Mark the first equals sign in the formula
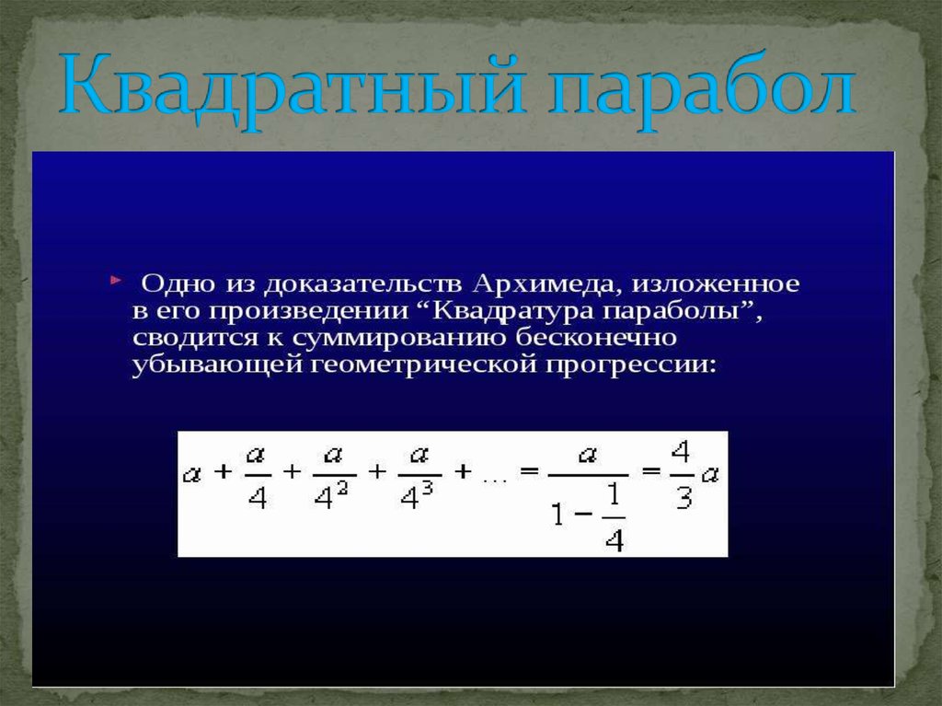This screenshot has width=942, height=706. pyautogui.click(x=527, y=472)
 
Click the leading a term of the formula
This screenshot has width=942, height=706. pyautogui.click(x=192, y=475)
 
